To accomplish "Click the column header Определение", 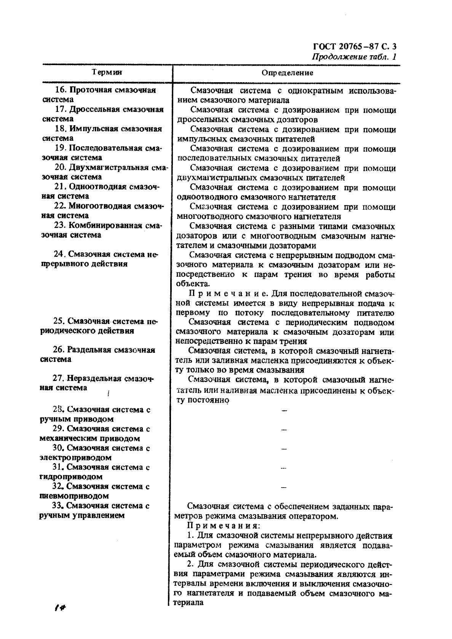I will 287,73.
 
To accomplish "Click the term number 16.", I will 61,90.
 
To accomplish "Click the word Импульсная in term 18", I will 94,129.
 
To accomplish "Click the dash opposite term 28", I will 283,411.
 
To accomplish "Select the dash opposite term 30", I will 283,449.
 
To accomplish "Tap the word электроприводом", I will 75,458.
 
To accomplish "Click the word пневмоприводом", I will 74,496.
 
